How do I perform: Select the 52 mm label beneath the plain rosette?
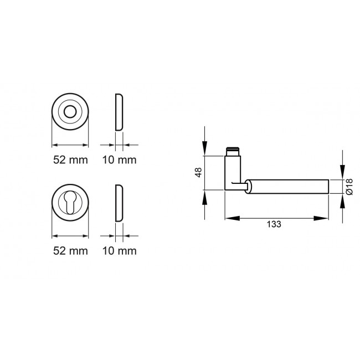pyautogui.click(x=70, y=160)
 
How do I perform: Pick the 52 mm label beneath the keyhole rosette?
pyautogui.click(x=70, y=250)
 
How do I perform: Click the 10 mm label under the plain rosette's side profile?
pyautogui.click(x=119, y=160)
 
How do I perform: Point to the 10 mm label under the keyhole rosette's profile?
pyautogui.click(x=119, y=250)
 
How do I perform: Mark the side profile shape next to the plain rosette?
pyautogui.click(x=119, y=112)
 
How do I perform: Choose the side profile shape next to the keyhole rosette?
pyautogui.click(x=119, y=203)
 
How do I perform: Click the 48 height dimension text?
pyautogui.click(x=197, y=173)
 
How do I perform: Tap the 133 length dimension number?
pyautogui.click(x=274, y=224)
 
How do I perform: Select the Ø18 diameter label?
pyautogui.click(x=349, y=186)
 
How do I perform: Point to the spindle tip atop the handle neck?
pyautogui.click(x=233, y=151)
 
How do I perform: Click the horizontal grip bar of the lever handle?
pyautogui.click(x=288, y=186)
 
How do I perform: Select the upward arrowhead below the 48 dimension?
pyautogui.click(x=205, y=197)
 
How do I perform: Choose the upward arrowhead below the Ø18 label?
pyautogui.click(x=342, y=200)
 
